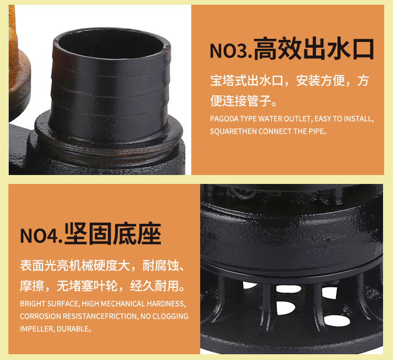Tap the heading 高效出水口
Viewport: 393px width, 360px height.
(x=313, y=50)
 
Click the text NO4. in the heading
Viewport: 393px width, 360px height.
(x=41, y=235)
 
